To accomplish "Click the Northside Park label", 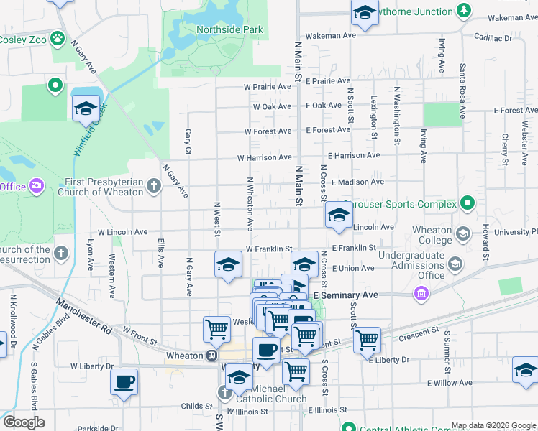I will click(229, 30).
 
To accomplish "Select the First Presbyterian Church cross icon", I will click(154, 187).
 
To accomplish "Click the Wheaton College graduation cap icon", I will click(463, 234).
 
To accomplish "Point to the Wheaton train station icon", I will click(212, 355).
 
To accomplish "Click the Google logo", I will click(23, 422).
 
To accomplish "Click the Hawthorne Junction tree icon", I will click(464, 11).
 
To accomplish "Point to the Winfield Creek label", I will click(90, 129).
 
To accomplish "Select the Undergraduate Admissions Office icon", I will click(455, 265).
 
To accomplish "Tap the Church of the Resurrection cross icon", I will click(61, 253).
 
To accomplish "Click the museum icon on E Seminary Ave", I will click(421, 294).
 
